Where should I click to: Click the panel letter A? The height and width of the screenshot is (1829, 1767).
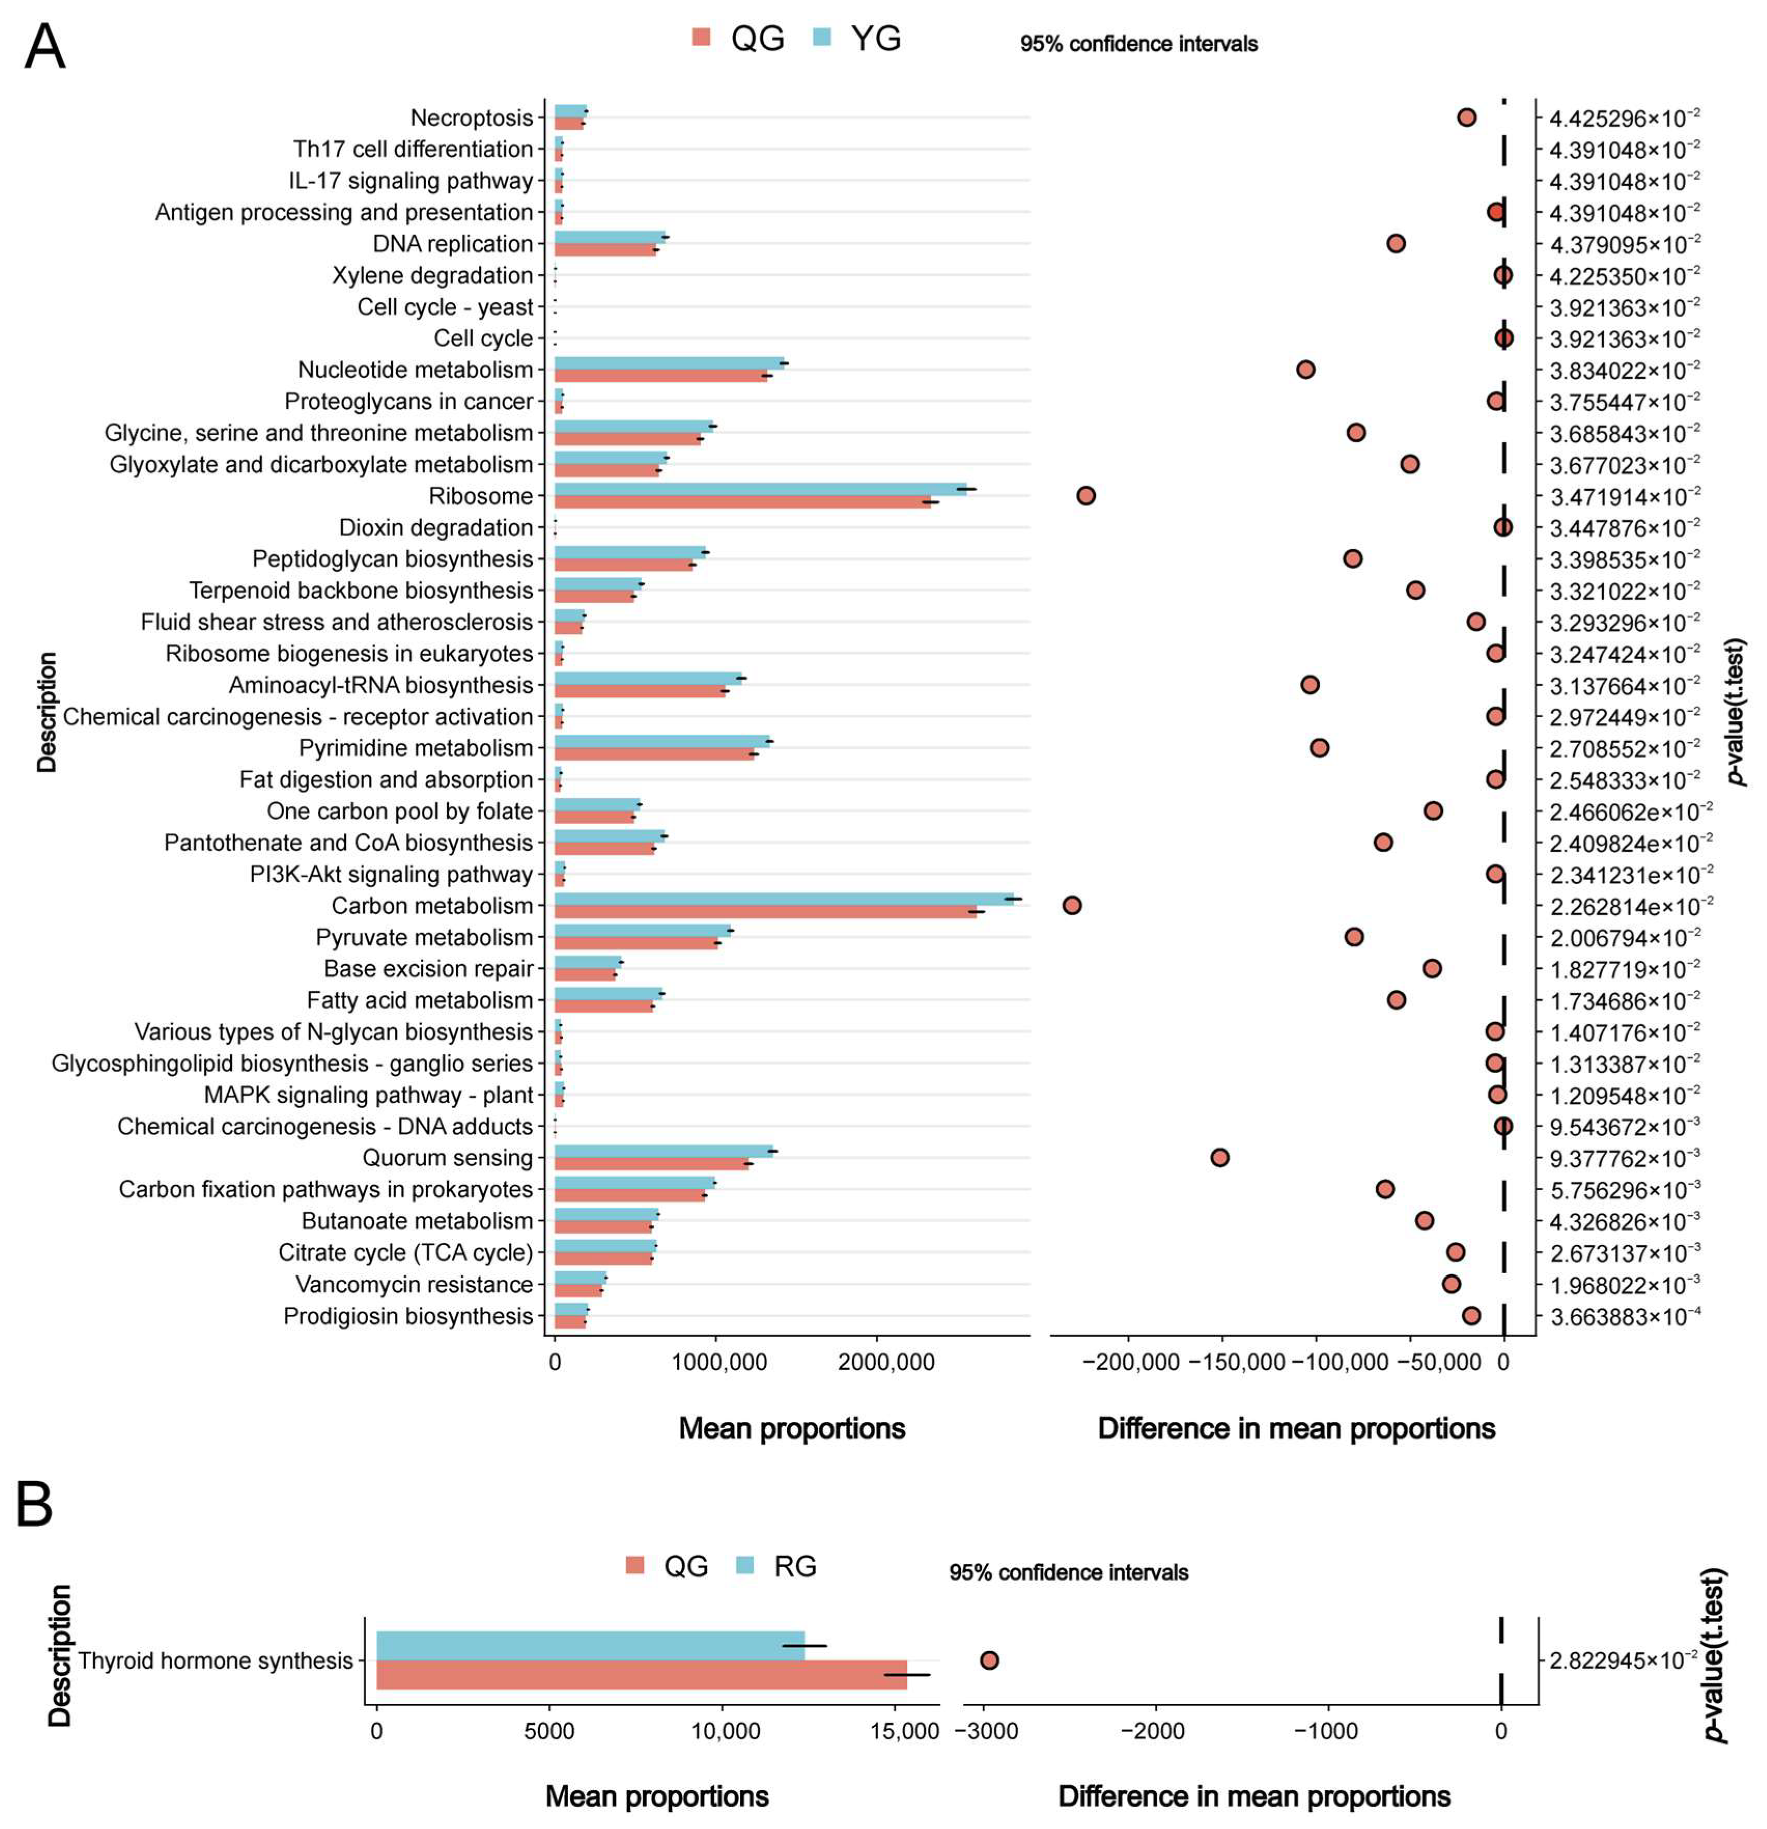tap(45, 47)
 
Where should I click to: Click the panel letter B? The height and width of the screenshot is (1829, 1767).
tap(35, 1505)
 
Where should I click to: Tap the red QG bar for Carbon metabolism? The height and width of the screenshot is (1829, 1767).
tap(765, 912)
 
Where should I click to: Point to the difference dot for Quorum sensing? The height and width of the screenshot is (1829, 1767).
tap(1219, 1157)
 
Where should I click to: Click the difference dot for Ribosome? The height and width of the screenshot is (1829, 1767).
tap(1085, 496)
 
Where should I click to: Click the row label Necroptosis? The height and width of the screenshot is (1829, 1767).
tap(471, 118)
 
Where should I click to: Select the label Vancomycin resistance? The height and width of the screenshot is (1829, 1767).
tap(413, 1284)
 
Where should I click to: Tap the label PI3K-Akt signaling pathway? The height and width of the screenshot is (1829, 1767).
tap(391, 874)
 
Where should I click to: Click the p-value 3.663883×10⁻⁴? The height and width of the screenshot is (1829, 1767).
tap(1623, 1317)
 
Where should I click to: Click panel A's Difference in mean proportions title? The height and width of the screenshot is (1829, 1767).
tap(1296, 1428)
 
